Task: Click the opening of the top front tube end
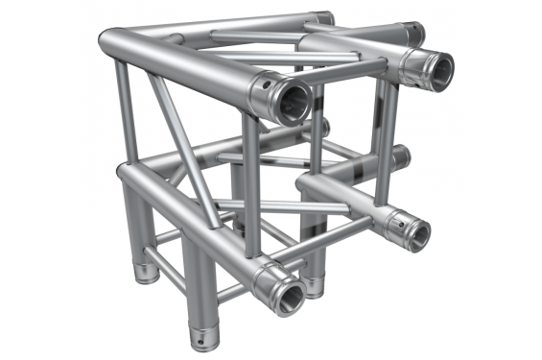click(x=292, y=99)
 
